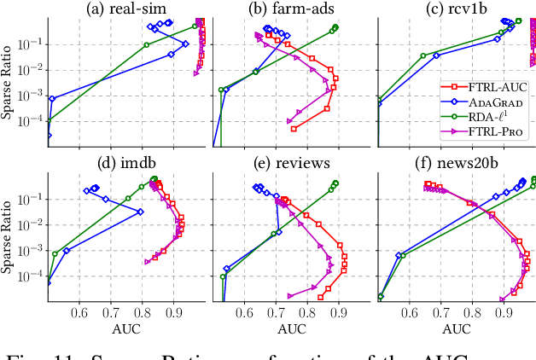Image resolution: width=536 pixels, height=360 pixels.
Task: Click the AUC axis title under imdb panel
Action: pyautogui.click(x=125, y=328)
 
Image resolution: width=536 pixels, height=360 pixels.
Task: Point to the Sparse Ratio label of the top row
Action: pyautogui.click(x=8, y=77)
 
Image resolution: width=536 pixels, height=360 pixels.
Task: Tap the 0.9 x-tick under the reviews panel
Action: pyautogui.click(x=339, y=313)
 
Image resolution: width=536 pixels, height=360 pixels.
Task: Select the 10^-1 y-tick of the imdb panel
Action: pyautogui.click(x=32, y=199)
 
